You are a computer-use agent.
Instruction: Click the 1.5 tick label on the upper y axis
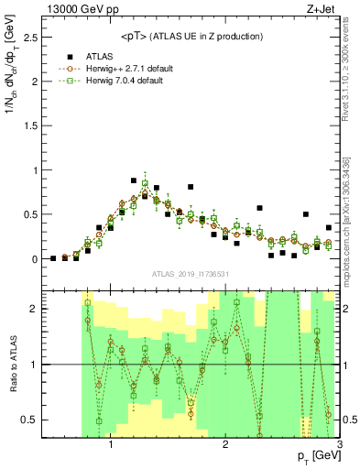27,125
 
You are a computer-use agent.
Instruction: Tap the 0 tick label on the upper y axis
33,259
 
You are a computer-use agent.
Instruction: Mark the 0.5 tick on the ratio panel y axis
27,420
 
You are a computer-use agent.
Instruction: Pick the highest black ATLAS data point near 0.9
134,180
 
